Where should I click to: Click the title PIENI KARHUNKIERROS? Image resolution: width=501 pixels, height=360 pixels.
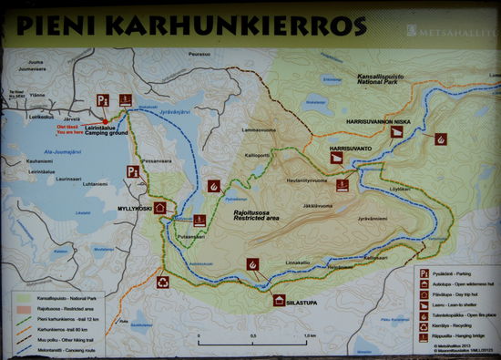[x=190, y=25]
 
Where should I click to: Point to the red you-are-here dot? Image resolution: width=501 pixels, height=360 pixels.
[x=106, y=121]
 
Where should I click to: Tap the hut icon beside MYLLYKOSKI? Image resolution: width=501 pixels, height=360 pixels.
[x=159, y=208]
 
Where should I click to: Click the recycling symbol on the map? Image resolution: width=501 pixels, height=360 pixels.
[x=162, y=283]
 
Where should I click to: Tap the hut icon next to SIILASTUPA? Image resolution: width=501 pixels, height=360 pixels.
[x=280, y=299]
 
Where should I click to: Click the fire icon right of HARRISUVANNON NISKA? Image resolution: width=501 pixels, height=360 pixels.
[x=441, y=139]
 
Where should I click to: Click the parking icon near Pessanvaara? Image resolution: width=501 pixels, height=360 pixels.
[x=132, y=170]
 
